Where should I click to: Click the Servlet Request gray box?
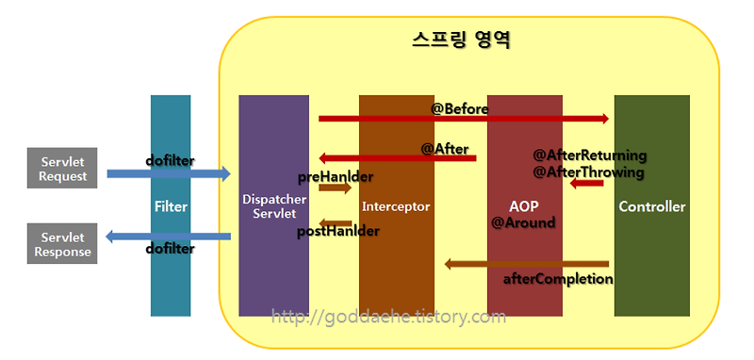coord(63,168)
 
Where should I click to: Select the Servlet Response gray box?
coord(63,244)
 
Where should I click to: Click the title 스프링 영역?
coord(461,41)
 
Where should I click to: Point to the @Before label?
coord(460,109)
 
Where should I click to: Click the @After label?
coord(444,148)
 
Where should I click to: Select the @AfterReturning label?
coord(590,155)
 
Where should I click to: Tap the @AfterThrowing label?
coord(588,172)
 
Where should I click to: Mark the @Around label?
coord(523,223)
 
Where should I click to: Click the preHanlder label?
coord(335,176)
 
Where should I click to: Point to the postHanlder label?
coord(338,231)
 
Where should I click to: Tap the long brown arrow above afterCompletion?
coord(527,264)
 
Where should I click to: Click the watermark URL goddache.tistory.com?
coord(388,318)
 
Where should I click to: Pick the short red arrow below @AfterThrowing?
coord(586,183)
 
